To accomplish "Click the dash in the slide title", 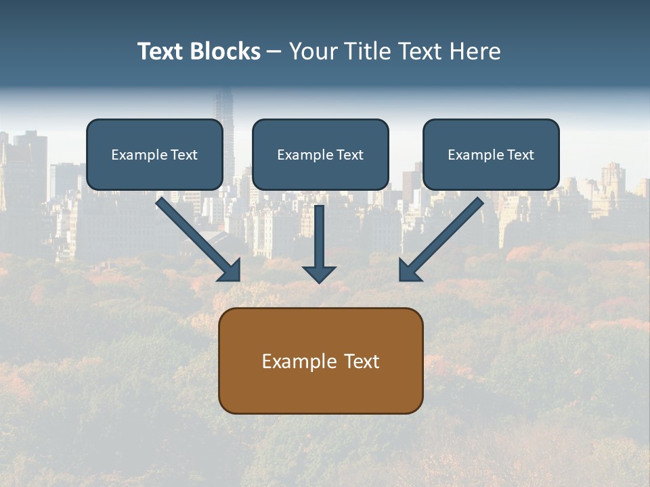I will tap(274, 52).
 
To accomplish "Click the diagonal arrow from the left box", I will tap(196, 237).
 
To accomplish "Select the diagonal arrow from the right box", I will tap(443, 237).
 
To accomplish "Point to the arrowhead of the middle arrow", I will tap(319, 274).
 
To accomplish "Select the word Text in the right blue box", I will tap(520, 155).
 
